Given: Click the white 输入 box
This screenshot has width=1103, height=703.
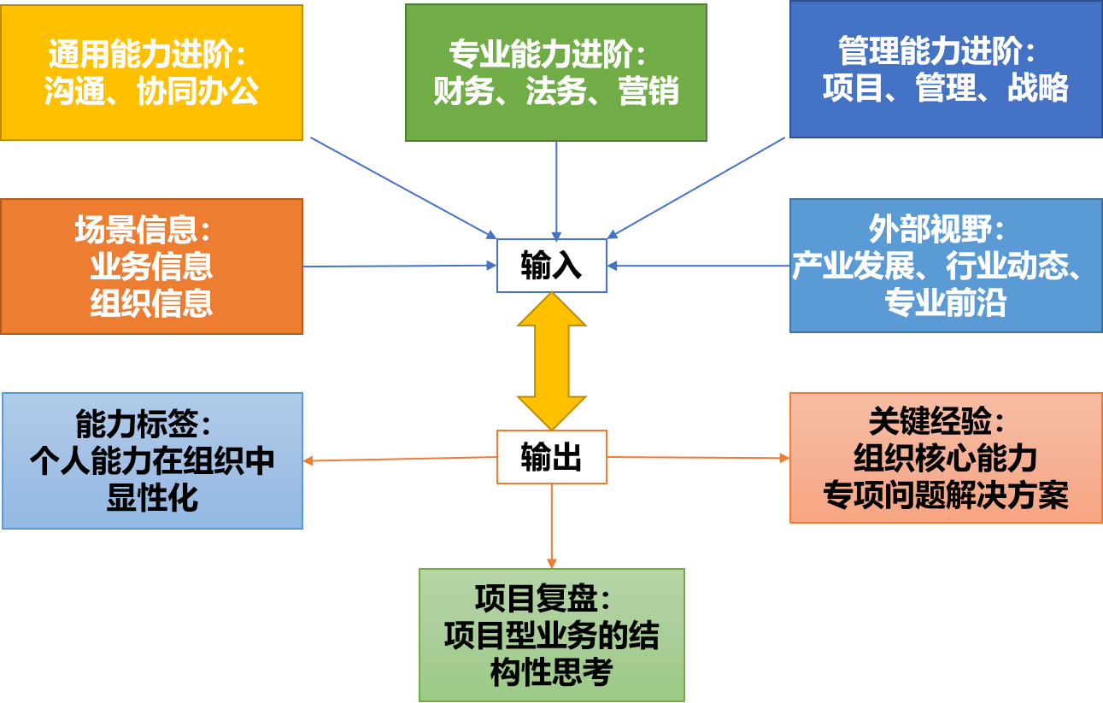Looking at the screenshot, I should click(x=551, y=266).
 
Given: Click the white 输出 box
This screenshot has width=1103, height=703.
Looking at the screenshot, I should click(x=551, y=457).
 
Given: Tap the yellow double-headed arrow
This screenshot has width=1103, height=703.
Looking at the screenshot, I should click(x=552, y=360).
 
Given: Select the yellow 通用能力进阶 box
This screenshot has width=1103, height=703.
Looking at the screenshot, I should click(x=151, y=73).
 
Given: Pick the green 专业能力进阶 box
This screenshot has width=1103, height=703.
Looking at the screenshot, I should click(x=555, y=73).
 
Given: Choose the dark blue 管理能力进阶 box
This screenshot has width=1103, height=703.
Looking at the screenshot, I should click(x=945, y=69).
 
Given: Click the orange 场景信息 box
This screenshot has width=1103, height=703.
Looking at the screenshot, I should click(x=151, y=267).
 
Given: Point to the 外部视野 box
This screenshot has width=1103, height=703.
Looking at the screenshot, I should click(x=945, y=266).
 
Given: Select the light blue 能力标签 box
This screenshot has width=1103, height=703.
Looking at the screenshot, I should click(x=152, y=460).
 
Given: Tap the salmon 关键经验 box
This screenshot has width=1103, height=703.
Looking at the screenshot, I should click(x=945, y=457).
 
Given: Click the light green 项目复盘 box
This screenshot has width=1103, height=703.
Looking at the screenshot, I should click(x=551, y=635).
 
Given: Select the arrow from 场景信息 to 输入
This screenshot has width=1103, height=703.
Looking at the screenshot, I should click(x=400, y=266).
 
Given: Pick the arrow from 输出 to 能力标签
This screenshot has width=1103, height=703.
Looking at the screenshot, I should click(x=400, y=460).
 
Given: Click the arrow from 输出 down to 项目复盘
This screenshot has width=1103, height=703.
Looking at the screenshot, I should click(x=551, y=525).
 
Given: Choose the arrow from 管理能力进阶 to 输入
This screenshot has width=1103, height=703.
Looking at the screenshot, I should click(x=696, y=187).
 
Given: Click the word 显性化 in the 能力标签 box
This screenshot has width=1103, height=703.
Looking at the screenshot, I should click(x=152, y=497).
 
